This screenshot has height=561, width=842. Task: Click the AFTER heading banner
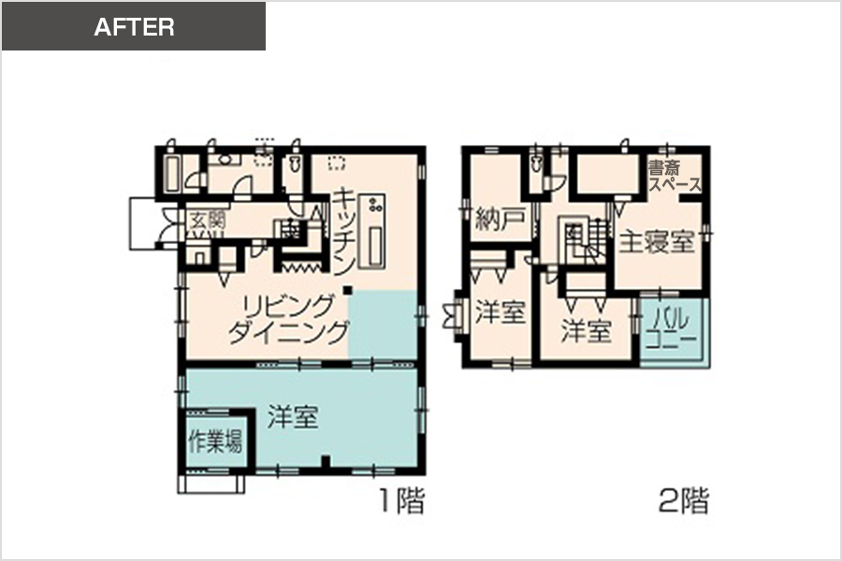[134, 26]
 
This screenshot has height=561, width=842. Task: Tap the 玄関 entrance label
[206, 220]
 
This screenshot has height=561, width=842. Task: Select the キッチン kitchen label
[343, 231]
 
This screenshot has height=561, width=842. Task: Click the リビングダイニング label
[289, 320]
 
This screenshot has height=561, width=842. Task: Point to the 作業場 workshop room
[216, 440]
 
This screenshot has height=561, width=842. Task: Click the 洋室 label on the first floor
[293, 417]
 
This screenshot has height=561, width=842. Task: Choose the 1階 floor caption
[402, 500]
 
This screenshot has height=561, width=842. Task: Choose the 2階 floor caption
[684, 500]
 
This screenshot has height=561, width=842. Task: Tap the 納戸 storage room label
[500, 219]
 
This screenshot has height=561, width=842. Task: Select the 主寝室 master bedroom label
[657, 241]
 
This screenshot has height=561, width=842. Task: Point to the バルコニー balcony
[674, 330]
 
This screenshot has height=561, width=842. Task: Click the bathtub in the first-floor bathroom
[172, 173]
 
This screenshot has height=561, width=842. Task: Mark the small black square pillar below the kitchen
[348, 290]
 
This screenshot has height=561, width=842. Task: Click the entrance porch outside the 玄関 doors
[144, 223]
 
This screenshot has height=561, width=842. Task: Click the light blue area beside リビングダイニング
[383, 324]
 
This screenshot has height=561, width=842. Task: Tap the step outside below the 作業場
[210, 483]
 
